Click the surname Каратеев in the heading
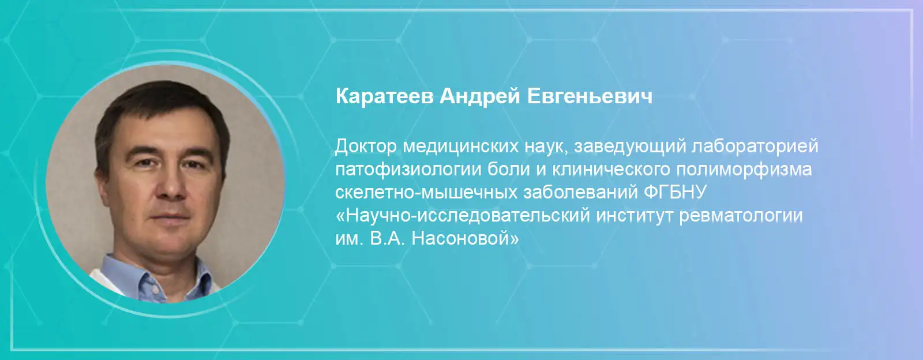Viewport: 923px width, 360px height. click(x=384, y=97)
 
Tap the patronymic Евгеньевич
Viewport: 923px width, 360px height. click(x=589, y=97)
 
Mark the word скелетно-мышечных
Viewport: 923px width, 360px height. click(x=426, y=193)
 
